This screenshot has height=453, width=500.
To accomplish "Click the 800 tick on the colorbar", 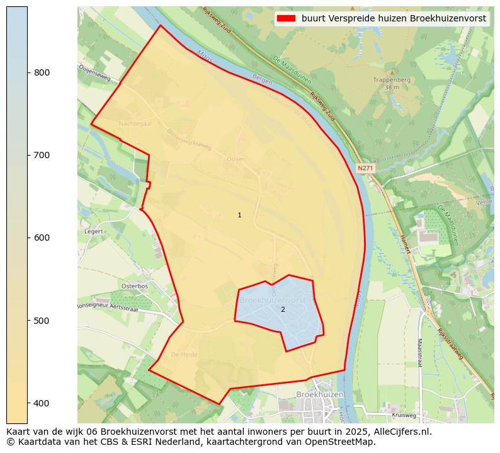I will (28, 72).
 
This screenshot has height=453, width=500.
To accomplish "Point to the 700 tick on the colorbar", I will (28, 155).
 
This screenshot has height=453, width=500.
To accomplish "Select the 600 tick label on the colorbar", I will (41, 238).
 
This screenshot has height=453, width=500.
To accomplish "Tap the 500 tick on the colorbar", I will (28, 320).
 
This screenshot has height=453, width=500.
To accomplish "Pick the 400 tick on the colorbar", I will (28, 403).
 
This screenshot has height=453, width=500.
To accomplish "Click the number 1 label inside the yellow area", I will (239, 215).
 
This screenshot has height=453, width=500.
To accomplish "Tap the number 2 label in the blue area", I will (283, 309).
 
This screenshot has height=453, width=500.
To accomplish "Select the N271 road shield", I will (365, 168).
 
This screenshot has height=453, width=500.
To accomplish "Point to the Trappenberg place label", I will (392, 81).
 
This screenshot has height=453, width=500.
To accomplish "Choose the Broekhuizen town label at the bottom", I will (321, 394).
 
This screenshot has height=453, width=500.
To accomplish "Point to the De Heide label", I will (184, 355).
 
